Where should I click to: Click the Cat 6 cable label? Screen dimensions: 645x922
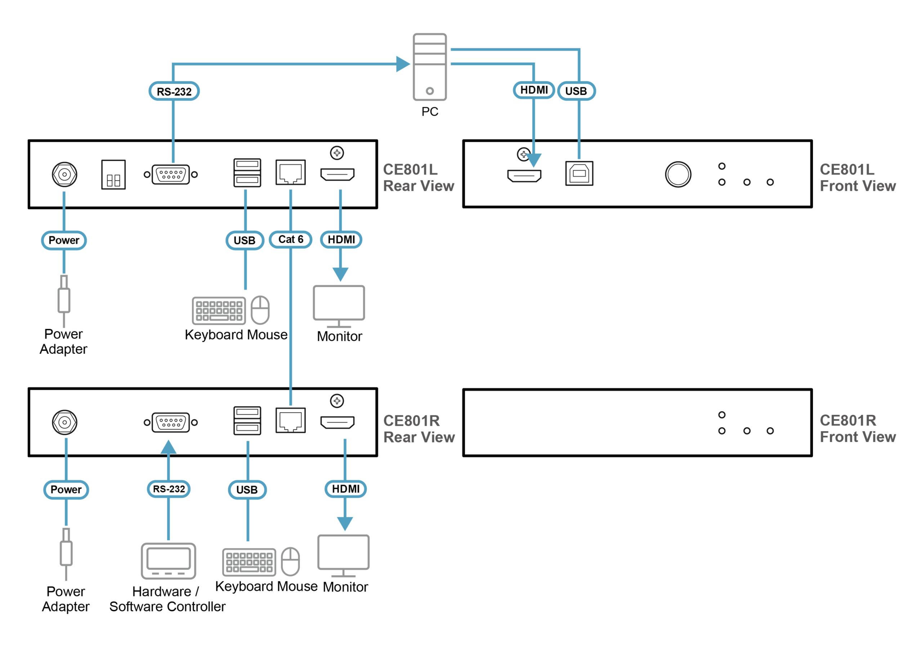(290, 240)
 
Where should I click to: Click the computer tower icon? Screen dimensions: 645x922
(429, 67)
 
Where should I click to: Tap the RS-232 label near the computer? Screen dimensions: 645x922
(174, 91)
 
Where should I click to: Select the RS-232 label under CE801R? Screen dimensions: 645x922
(169, 489)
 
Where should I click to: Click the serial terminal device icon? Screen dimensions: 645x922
(168, 560)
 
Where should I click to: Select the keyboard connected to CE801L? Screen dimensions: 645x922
(219, 310)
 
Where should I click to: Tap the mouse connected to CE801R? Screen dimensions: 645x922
(290, 561)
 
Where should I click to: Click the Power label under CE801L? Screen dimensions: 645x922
(64, 240)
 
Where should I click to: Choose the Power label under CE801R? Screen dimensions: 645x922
(66, 490)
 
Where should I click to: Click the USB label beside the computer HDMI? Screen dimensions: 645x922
(576, 91)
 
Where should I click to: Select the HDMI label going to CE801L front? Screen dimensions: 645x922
(534, 90)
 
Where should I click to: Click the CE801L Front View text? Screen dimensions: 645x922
(857, 177)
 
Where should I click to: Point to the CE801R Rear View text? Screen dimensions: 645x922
(419, 429)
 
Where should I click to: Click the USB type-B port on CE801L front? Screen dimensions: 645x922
(579, 173)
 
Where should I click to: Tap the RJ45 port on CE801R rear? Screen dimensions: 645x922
(290, 421)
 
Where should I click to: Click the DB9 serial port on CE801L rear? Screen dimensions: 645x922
(171, 174)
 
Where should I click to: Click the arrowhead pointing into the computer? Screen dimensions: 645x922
(403, 64)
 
